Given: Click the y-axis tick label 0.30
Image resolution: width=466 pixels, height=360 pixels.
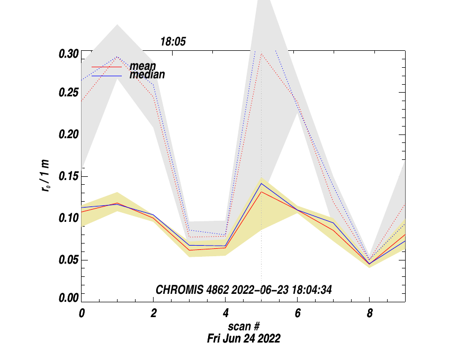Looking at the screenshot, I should (x=68, y=55).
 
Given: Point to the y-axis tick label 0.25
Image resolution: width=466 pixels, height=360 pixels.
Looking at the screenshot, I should (x=68, y=93).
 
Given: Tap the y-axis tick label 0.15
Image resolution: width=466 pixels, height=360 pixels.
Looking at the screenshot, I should (x=68, y=176).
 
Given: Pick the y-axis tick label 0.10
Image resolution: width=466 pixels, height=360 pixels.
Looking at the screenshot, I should (x=68, y=218).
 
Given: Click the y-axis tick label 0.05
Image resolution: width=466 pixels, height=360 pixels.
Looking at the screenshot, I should (x=68, y=260).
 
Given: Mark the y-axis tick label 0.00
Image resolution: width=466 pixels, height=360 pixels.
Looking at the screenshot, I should (x=68, y=298).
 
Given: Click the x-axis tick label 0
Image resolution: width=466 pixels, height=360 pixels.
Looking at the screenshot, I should (x=82, y=313).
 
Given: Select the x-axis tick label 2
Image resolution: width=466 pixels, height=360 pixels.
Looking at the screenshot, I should (x=154, y=313).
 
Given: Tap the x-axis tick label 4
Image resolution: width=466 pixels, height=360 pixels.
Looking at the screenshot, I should (x=226, y=313).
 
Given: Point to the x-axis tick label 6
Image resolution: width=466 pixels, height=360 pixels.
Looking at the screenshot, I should (x=298, y=313).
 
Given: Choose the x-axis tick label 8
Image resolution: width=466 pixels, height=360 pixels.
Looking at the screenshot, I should (x=370, y=313).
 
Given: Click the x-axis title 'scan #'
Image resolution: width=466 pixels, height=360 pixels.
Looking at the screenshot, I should (x=243, y=327).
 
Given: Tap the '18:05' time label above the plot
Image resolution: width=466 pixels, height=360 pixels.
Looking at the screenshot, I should (x=174, y=42).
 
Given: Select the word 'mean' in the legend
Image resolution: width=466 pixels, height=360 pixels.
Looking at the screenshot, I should (x=142, y=66).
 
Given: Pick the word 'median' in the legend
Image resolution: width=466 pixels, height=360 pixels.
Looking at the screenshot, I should (x=147, y=75).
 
